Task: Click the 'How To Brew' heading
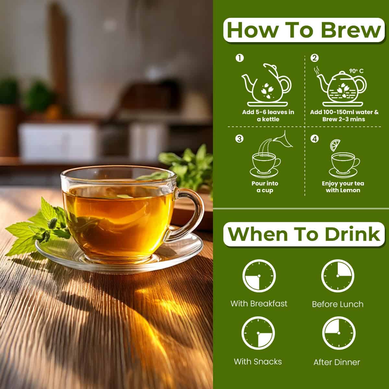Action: [304, 30]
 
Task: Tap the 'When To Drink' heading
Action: [304, 234]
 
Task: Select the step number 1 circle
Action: [240, 58]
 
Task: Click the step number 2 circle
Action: [314, 58]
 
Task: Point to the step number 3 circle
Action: [240, 139]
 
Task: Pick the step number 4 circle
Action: [314, 139]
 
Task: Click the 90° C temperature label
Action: [356, 71]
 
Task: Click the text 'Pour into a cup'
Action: [265, 187]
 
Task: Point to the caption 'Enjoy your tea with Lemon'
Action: [343, 187]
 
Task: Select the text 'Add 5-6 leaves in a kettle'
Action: [268, 115]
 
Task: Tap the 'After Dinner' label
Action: [337, 362]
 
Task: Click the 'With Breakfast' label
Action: [259, 304]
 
